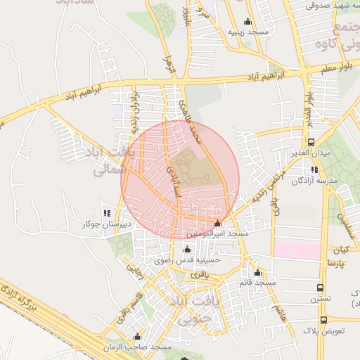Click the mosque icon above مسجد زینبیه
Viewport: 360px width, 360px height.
[247, 21]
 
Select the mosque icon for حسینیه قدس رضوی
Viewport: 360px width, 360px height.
[186, 249]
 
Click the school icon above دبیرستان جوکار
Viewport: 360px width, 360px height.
[107, 212]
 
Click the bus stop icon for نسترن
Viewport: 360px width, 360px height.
[321, 288]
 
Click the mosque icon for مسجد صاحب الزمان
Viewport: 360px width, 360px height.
[137, 337]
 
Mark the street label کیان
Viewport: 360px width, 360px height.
[341, 250]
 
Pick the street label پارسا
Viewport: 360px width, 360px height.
[335, 263]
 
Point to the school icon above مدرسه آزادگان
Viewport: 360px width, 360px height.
[314, 169]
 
